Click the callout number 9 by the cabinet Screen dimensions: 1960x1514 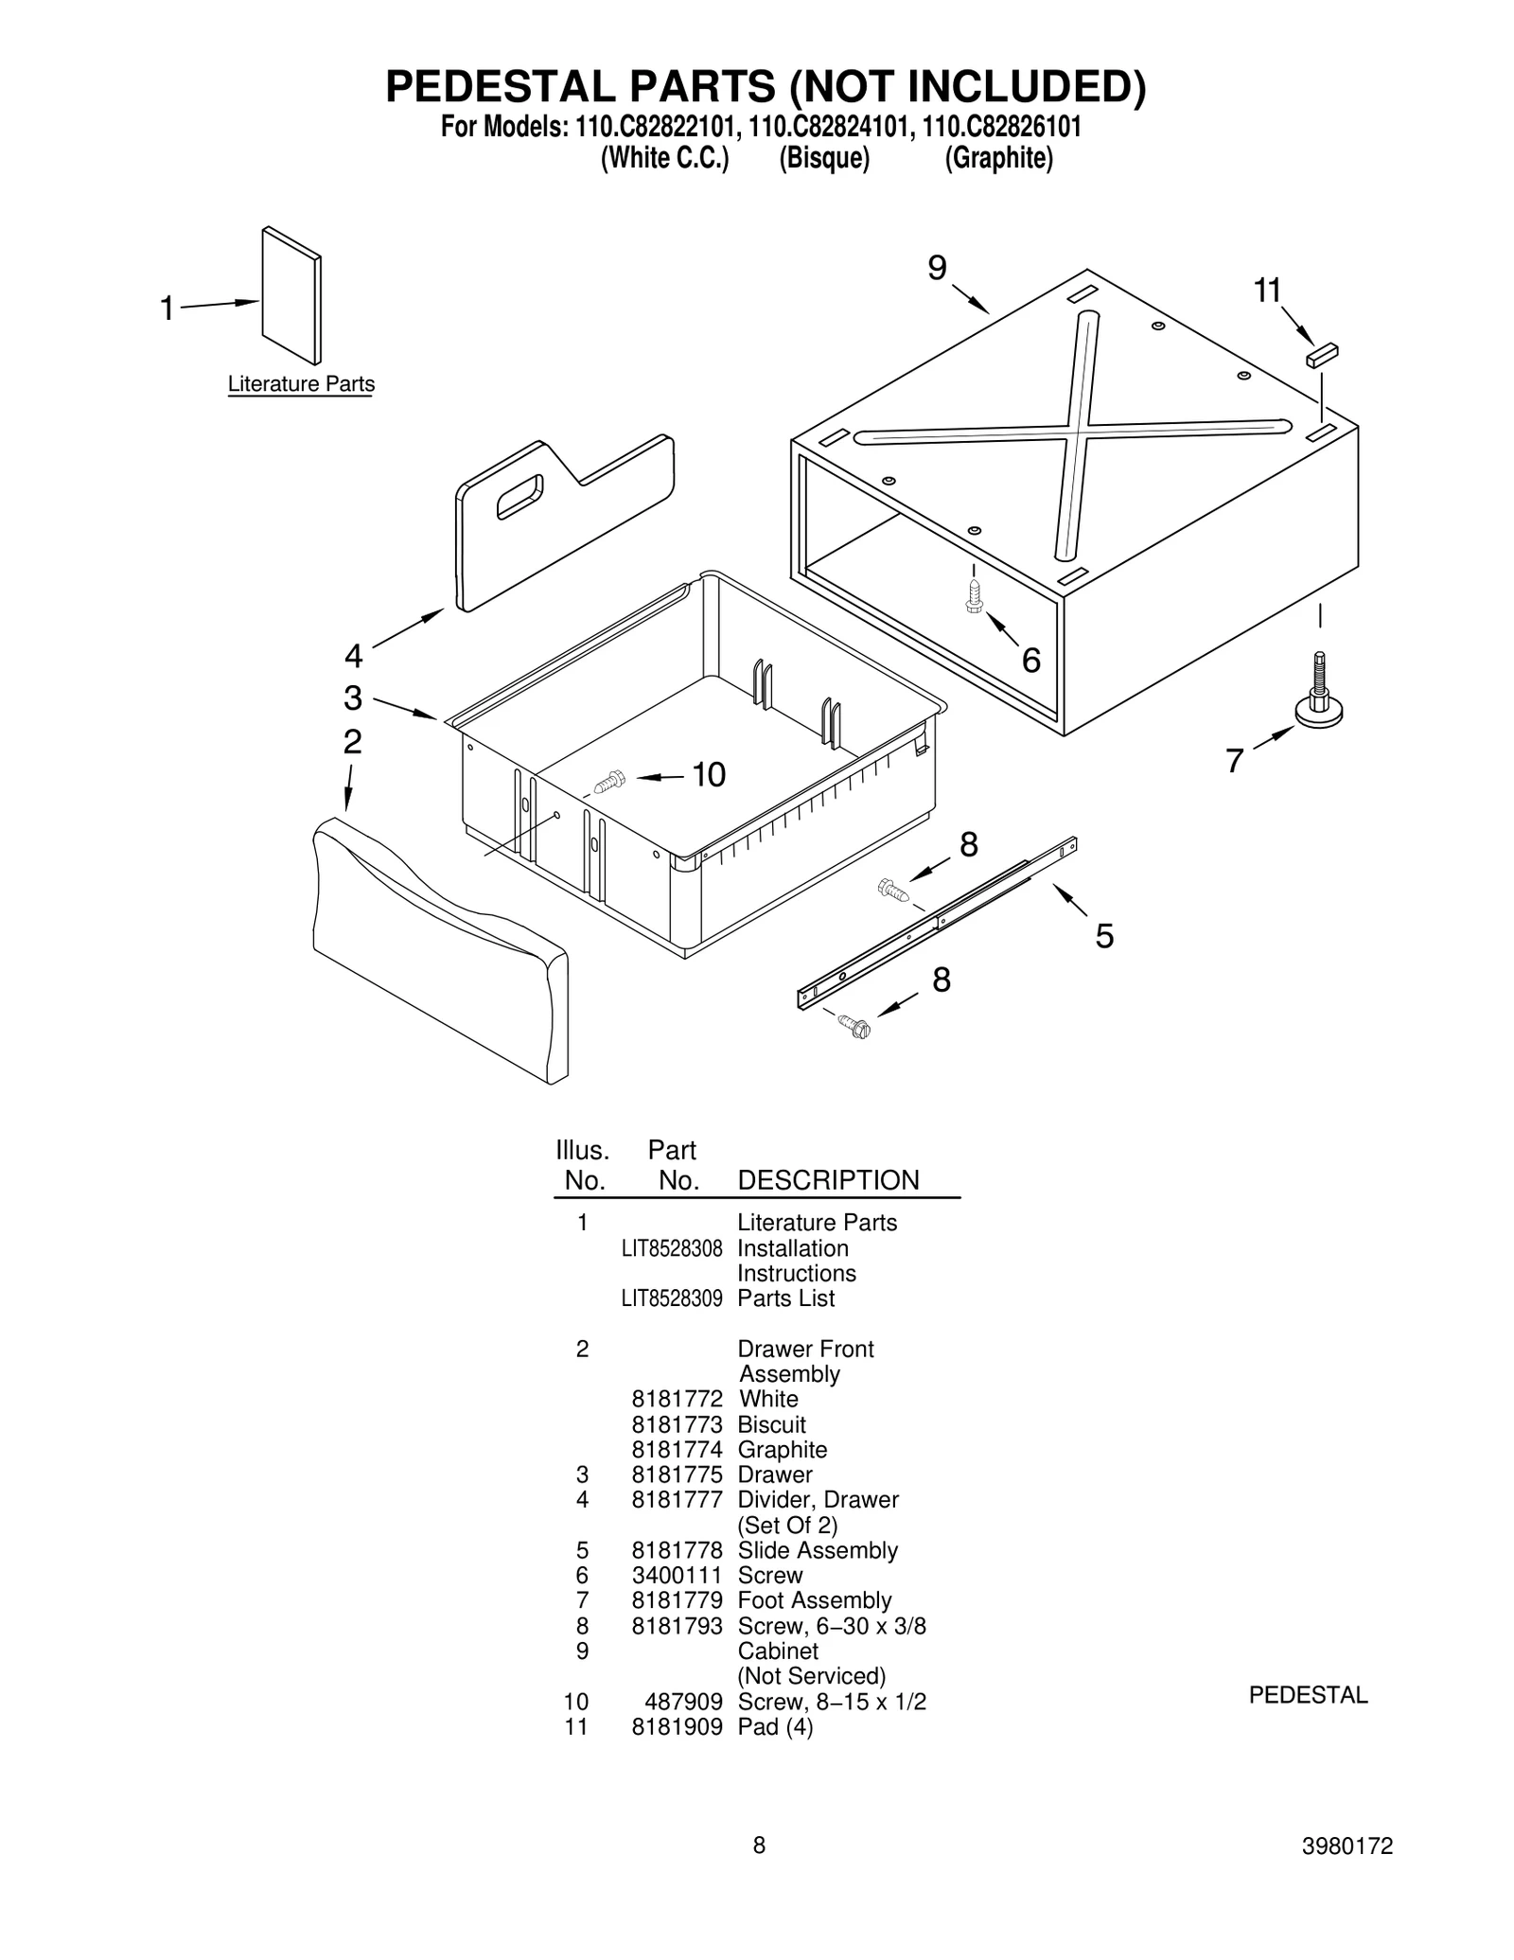coord(937,270)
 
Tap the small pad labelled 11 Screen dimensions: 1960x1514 coord(1322,355)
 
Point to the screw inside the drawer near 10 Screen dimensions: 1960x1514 coord(610,781)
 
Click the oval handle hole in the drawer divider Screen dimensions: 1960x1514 coord(519,496)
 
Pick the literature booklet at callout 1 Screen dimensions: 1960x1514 coord(291,294)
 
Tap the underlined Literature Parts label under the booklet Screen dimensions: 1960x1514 coord(301,384)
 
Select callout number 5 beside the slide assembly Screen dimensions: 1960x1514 coord(1104,936)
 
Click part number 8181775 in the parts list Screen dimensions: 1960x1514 coord(677,1474)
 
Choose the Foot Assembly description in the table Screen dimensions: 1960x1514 coord(815,1600)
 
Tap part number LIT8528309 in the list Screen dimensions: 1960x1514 coord(672,1298)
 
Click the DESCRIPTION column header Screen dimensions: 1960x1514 coord(828,1180)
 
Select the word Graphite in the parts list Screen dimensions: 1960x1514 coord(783,1449)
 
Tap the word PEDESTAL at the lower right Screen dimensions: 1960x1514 coord(1308,1695)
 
